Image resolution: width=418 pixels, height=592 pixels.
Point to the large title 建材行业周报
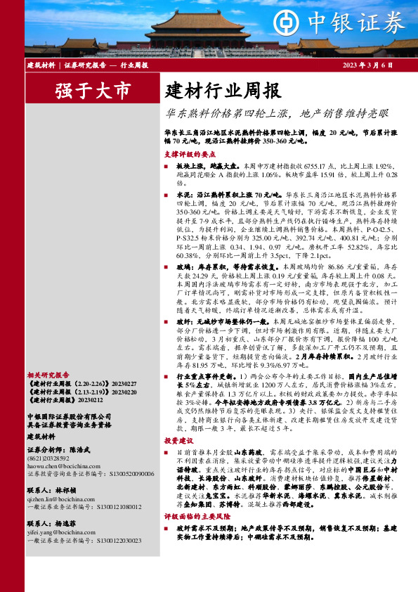222,91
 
